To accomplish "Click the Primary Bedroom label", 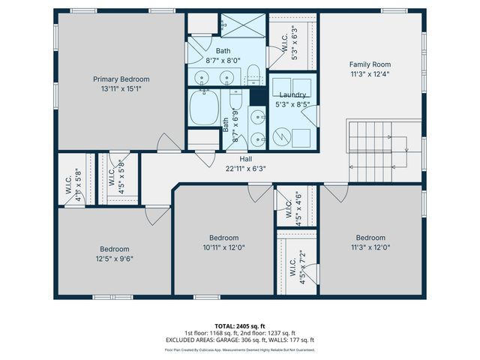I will point(121,79).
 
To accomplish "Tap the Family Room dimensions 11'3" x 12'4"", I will point(370,74).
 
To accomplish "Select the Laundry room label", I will point(292,94).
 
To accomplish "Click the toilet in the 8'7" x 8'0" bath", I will point(253,74).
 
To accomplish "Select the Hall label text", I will point(245,159).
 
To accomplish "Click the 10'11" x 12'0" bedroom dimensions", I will point(223,247).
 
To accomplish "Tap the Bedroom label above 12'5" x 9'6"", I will point(115,249).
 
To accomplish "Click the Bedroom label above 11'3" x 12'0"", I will point(370,237).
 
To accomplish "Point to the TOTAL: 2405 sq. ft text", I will point(240,325).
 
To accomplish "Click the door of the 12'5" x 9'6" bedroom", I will point(158,215).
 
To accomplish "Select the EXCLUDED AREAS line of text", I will point(240,340).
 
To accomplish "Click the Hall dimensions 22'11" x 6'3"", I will point(245,168).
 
